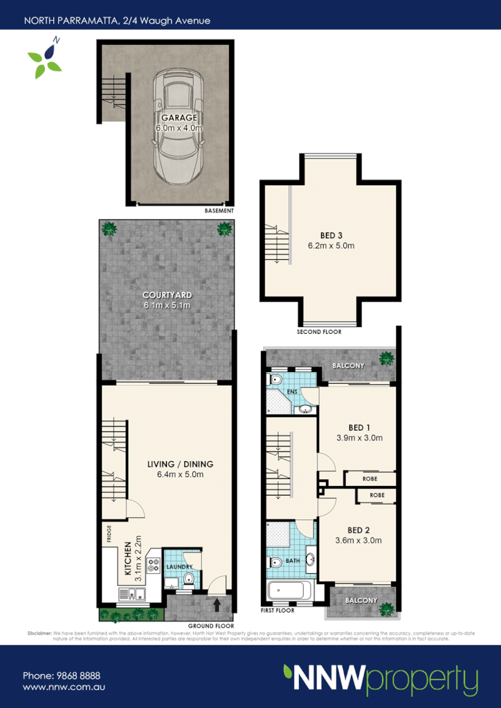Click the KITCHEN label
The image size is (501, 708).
point(127,558)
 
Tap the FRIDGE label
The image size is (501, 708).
point(109,533)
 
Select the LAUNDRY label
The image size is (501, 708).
point(179,567)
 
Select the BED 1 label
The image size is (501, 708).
point(358,427)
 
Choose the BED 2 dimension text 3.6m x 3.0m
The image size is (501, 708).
point(358,541)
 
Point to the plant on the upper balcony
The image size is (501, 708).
point(386,358)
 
